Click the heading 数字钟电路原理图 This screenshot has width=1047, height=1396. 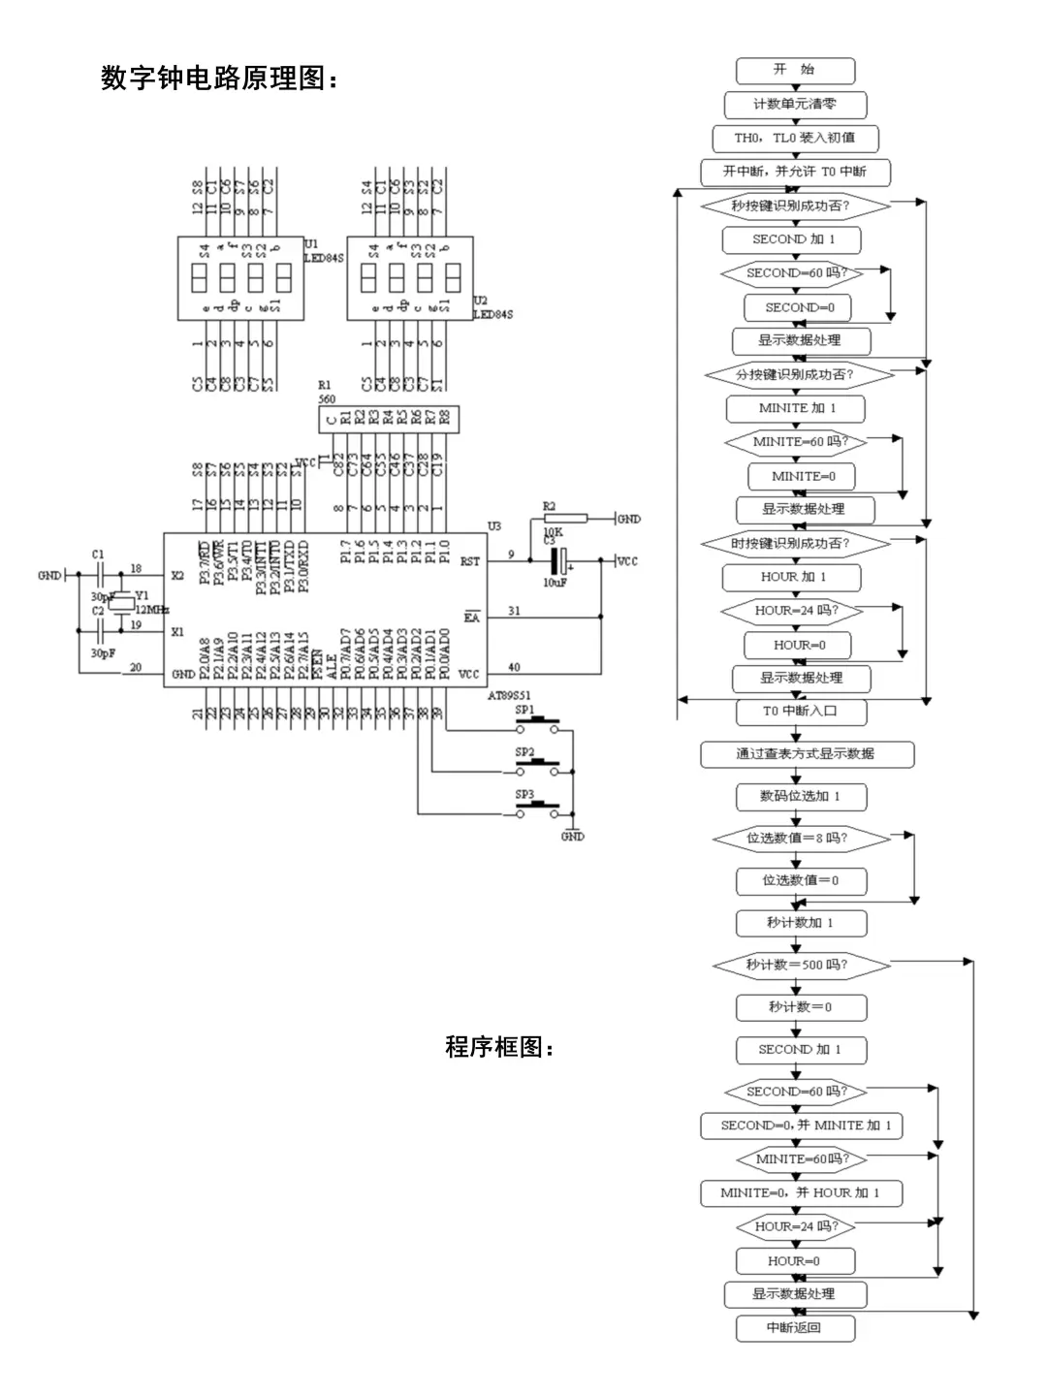(220, 78)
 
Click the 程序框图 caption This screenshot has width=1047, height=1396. (499, 1047)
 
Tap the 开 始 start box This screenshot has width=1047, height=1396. (795, 71)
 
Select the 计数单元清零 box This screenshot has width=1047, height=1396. (795, 105)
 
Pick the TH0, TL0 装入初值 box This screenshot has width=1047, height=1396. (795, 139)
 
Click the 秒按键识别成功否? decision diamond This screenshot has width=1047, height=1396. (795, 206)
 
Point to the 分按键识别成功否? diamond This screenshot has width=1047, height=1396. (795, 374)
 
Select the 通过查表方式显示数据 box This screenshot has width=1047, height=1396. (807, 754)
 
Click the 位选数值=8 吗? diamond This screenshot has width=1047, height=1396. (801, 839)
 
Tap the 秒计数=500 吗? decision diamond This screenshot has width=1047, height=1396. (801, 966)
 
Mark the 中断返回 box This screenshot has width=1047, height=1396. (795, 1328)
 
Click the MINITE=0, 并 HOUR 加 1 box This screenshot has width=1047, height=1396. (801, 1193)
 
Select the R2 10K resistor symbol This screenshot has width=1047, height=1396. (564, 520)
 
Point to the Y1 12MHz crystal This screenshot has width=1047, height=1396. (123, 603)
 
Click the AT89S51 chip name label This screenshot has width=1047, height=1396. (509, 696)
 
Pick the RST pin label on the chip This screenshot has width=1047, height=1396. (470, 561)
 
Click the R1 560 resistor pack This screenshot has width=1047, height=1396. (389, 419)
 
